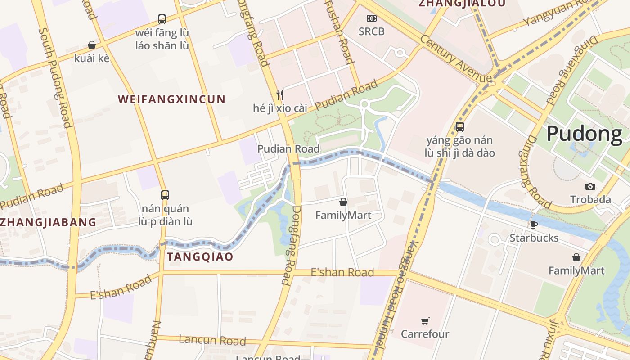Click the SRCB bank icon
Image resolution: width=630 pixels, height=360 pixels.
(371, 18)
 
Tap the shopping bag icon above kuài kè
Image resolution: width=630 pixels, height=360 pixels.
(92, 45)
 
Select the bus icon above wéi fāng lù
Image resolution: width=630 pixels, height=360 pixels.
(162, 19)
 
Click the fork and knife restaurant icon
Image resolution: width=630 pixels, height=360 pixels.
(280, 94)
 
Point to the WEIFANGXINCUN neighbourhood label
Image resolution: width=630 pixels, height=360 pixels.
(171, 99)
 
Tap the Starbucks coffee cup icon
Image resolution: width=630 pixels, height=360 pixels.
(534, 225)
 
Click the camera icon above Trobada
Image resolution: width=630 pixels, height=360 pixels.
(590, 186)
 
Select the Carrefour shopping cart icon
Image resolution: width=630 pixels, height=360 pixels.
(425, 321)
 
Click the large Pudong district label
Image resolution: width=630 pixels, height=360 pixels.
(585, 134)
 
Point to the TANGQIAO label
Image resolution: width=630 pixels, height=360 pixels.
(200, 257)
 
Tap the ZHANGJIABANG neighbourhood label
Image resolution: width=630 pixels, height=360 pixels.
(48, 222)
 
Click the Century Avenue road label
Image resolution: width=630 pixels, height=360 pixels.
(455, 58)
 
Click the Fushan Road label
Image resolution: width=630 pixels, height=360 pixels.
(339, 31)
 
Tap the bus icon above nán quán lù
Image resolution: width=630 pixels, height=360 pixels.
(165, 195)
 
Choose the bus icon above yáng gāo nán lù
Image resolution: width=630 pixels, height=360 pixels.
(459, 127)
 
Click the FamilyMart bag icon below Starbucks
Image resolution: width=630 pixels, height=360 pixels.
(576, 257)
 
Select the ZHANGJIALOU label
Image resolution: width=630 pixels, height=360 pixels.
(462, 4)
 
